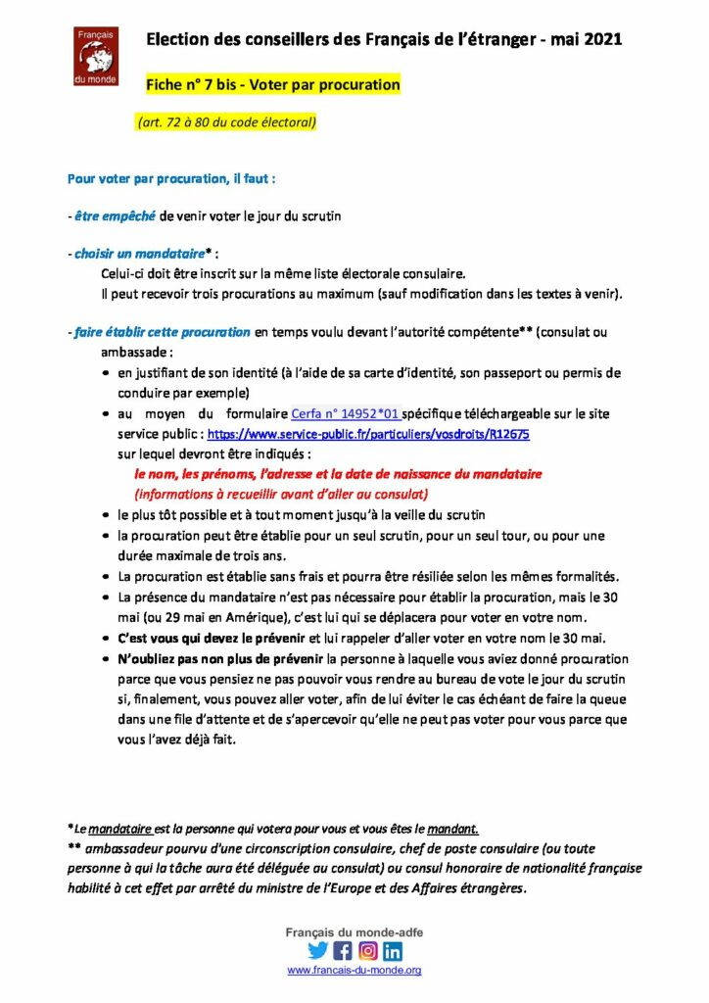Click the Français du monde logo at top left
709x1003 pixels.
96,57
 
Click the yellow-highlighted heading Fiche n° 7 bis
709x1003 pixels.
273,85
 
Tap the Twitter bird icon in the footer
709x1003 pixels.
317,950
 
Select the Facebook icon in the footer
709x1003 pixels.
342,950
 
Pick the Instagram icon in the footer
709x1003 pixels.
367,950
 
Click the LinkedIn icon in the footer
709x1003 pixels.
393,950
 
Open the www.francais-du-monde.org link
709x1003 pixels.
354,970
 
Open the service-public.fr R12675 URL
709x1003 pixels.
368,433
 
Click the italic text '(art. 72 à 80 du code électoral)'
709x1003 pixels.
226,122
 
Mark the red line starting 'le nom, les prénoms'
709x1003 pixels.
338,474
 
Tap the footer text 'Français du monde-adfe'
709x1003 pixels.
354,931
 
